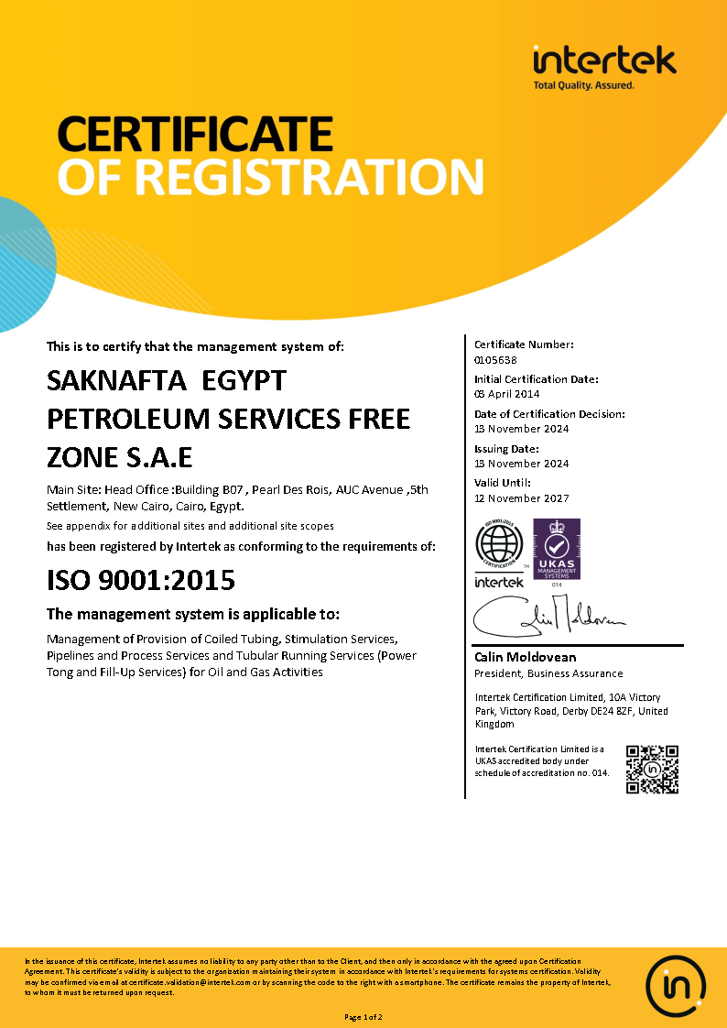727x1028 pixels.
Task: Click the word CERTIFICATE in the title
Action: pyautogui.click(x=194, y=134)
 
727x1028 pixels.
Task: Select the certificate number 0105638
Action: pyautogui.click(x=494, y=359)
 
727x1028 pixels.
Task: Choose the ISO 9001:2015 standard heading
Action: pyautogui.click(x=140, y=580)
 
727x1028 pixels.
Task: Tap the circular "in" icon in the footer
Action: pyautogui.click(x=676, y=984)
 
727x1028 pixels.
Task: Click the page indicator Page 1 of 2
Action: pyautogui.click(x=363, y=1017)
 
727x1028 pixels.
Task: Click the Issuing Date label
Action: pyautogui.click(x=506, y=449)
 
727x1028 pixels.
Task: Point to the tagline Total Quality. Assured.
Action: pyautogui.click(x=583, y=85)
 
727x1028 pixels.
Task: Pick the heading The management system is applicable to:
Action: pyautogui.click(x=192, y=614)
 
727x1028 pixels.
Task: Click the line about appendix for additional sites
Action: pyautogui.click(x=190, y=526)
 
